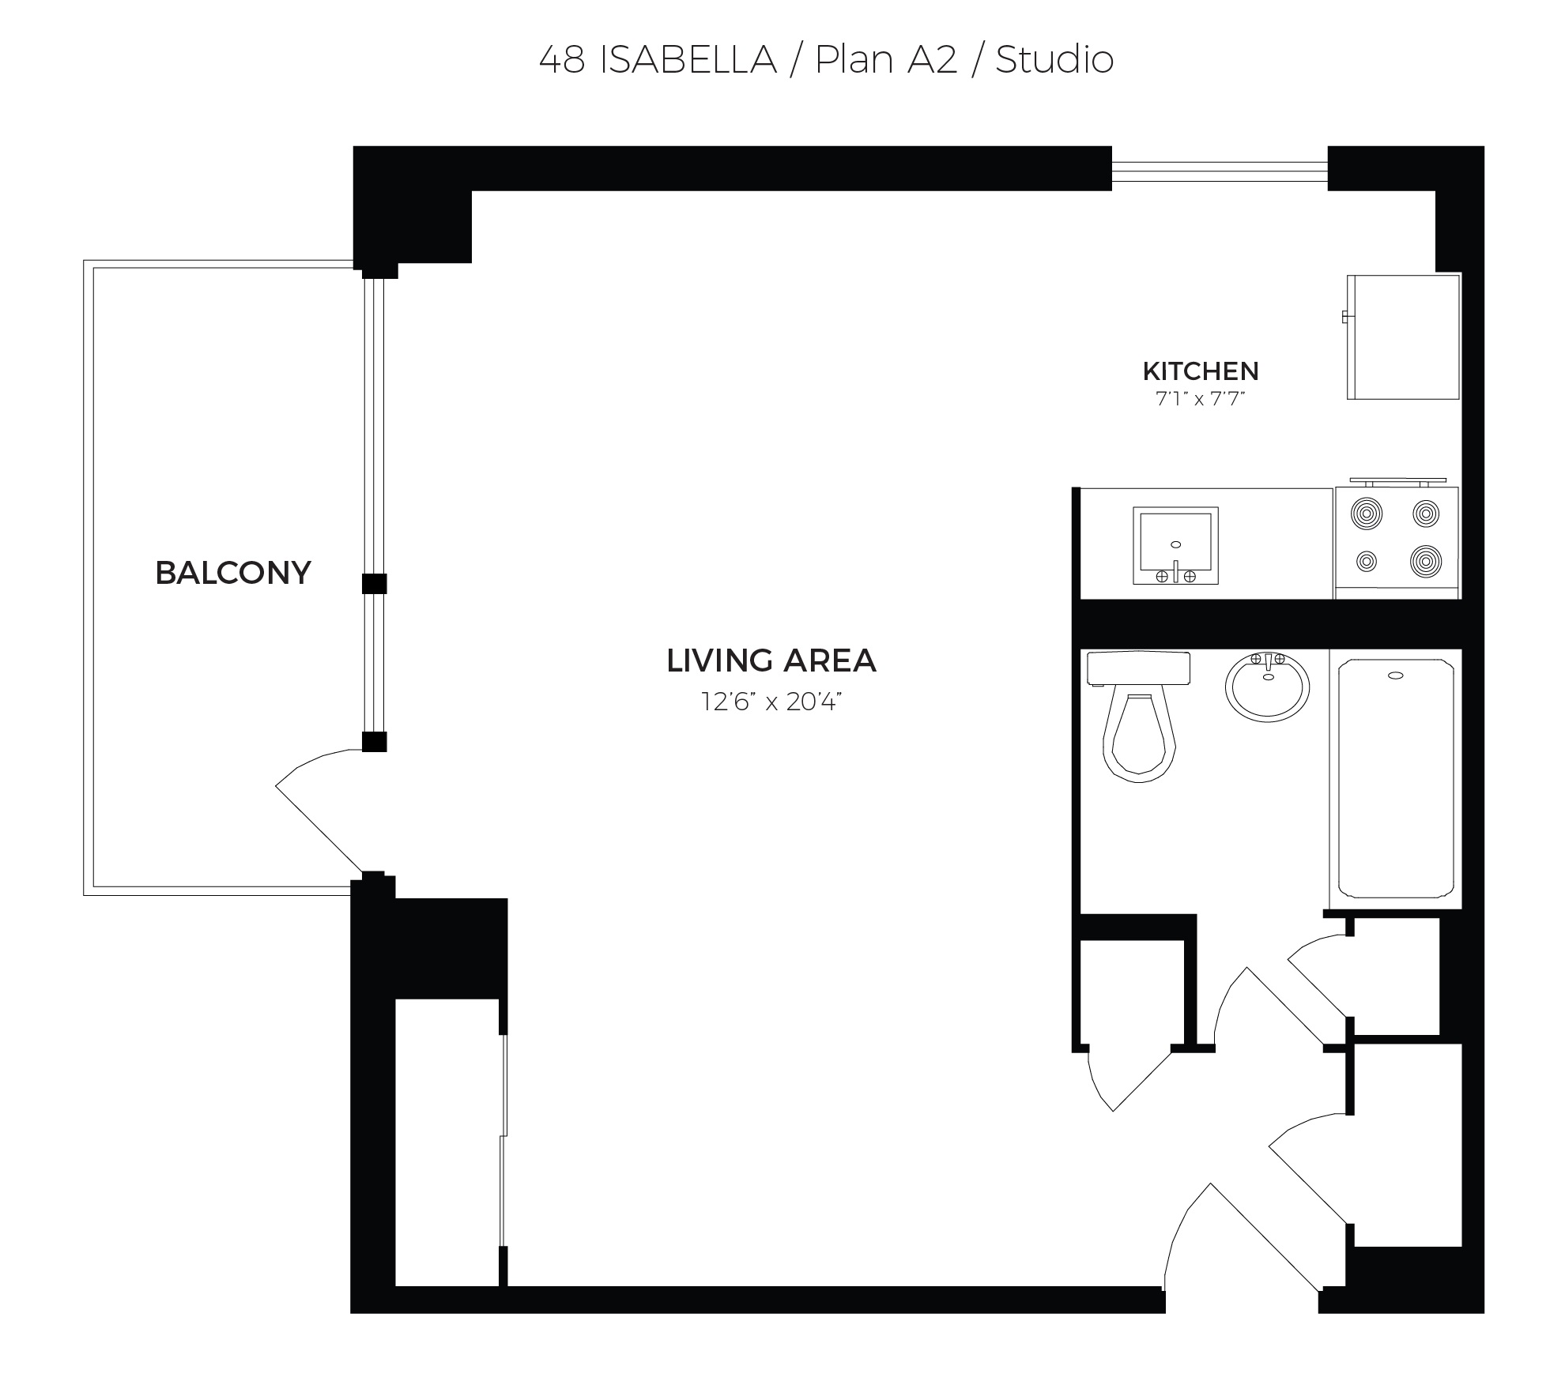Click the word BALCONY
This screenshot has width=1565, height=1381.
click(x=233, y=573)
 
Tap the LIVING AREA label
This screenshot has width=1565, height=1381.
click(x=771, y=660)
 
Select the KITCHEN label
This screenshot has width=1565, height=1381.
click(x=1201, y=371)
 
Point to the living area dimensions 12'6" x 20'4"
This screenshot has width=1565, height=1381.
click(x=771, y=702)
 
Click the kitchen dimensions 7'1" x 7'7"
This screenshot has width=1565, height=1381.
click(x=1201, y=399)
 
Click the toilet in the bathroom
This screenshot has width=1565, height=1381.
click(x=1139, y=716)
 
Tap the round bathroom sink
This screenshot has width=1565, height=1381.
click(x=1268, y=687)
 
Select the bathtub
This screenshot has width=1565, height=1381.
click(x=1396, y=778)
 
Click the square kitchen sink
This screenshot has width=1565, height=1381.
click(x=1175, y=546)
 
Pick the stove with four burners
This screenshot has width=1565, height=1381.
click(x=1397, y=539)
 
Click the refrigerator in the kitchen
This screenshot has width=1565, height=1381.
click(x=1403, y=337)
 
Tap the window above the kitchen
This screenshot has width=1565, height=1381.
click(x=1220, y=168)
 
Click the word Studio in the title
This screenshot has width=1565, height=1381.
click(x=1054, y=60)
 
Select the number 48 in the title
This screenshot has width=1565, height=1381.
click(x=562, y=61)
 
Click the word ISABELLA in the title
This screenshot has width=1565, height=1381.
click(x=688, y=61)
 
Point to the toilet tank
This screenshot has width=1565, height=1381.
click(x=1139, y=668)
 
